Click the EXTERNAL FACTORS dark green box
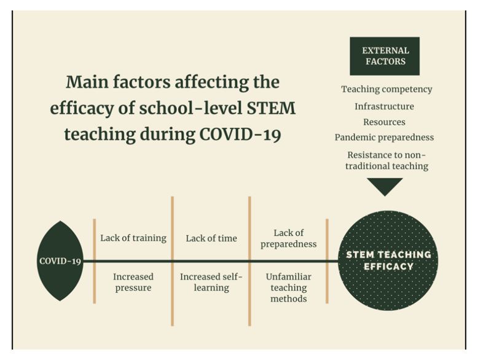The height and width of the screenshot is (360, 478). point(385,56)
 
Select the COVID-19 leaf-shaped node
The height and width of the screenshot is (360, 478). point(60,261)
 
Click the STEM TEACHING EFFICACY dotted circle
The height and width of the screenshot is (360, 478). point(388,260)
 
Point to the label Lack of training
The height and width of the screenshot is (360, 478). point(133,238)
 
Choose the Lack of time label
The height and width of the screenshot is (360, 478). point(211,238)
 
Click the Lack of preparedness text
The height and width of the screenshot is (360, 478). point(288,238)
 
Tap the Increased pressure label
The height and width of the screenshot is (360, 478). point(133,282)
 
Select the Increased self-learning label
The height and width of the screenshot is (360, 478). point(211,282)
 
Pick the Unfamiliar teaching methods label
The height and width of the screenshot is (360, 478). point(288,288)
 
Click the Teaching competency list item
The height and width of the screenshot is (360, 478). point(386,89)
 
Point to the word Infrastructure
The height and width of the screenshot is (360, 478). point(384,106)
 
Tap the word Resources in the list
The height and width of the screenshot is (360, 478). point(384,122)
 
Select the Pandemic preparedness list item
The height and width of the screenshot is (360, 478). point(384,138)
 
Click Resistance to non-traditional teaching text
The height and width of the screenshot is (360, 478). point(386,160)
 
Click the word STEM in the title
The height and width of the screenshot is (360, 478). point(271,108)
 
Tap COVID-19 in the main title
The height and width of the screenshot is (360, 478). point(240,135)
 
